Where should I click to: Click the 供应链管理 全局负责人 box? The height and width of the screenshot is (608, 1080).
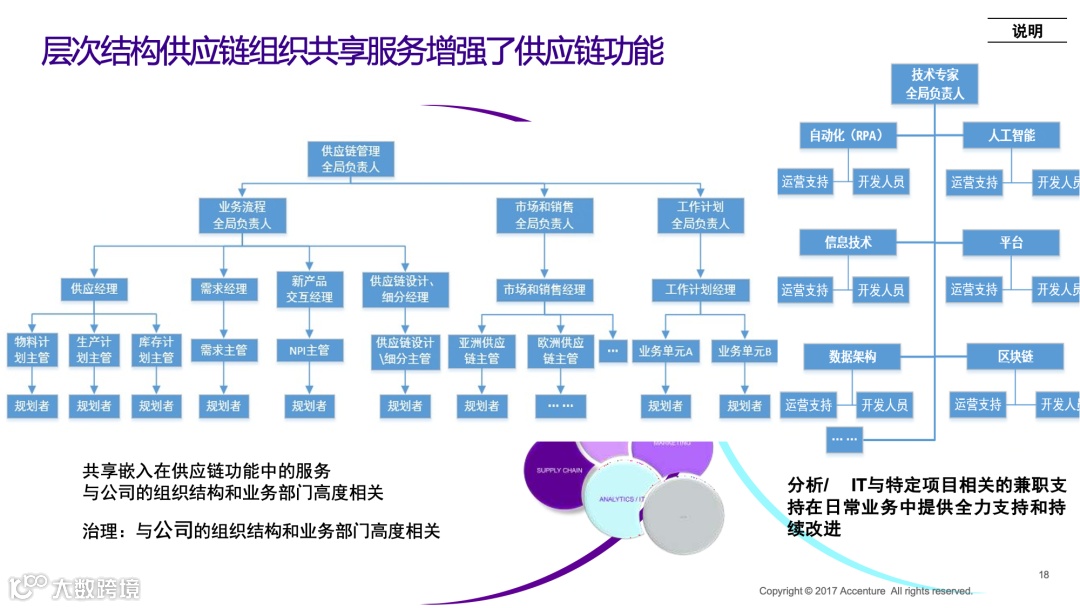tap(350, 159)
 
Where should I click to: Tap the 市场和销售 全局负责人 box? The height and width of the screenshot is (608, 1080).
tap(544, 215)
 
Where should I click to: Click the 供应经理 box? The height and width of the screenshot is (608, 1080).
tap(94, 289)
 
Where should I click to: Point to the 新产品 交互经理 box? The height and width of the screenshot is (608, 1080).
tap(309, 289)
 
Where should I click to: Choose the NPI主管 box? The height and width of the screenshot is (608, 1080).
tap(309, 350)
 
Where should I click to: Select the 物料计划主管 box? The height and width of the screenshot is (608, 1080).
tap(32, 350)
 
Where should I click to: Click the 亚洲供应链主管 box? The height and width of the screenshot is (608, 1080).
tap(482, 350)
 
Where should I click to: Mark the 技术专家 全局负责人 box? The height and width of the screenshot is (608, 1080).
tap(934, 84)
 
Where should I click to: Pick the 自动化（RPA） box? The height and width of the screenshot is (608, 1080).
tap(848, 135)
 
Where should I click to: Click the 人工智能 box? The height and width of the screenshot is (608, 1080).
tap(1011, 135)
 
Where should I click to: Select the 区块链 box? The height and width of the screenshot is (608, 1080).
tap(1015, 357)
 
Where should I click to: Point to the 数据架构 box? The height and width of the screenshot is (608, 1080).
tap(852, 357)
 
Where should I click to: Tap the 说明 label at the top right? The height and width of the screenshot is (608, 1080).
tap(1027, 31)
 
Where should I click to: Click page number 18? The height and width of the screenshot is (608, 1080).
tap(1044, 574)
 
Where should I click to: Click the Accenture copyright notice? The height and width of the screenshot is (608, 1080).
tap(865, 591)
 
